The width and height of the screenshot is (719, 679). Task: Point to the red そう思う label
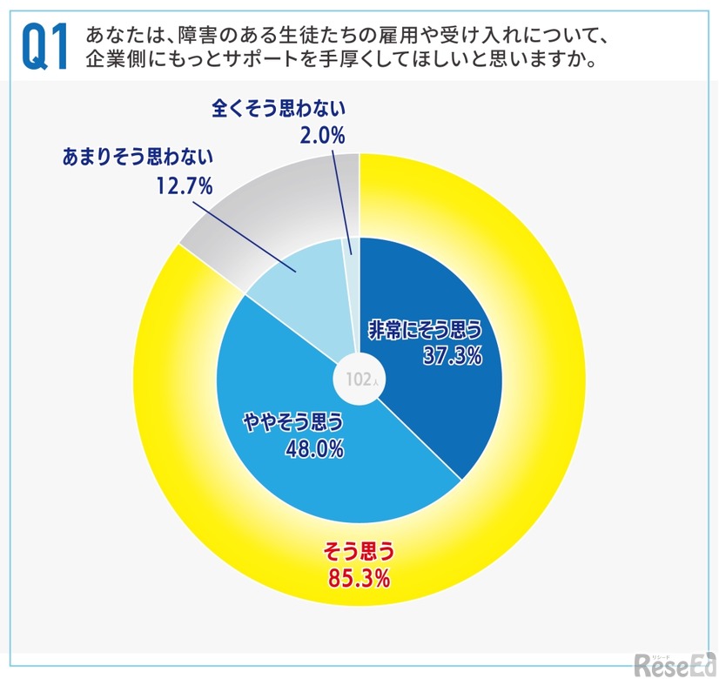359,550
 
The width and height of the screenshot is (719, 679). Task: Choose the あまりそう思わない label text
139,158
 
